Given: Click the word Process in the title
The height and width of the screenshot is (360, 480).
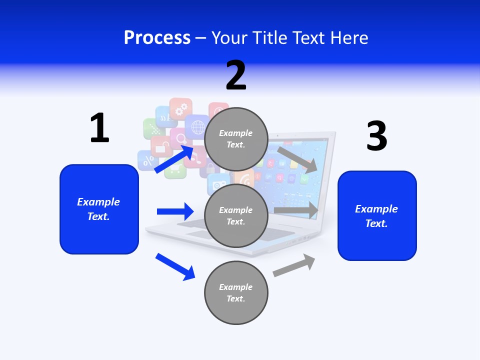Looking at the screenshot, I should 157,37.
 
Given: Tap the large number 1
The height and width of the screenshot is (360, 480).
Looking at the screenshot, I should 99,128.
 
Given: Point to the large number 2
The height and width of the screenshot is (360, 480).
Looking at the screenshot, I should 236,75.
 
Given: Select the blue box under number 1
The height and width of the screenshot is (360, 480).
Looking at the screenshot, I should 99,209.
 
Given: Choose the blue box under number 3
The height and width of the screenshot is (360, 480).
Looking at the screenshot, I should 377,216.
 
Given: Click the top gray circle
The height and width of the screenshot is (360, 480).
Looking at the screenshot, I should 236,139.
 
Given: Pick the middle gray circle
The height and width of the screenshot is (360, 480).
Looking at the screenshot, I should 236,215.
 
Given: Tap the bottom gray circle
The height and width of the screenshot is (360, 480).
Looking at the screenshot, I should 236,292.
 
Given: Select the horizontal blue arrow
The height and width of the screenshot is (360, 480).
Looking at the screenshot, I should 175,211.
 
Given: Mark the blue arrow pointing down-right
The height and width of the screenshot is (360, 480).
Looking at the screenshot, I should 175,266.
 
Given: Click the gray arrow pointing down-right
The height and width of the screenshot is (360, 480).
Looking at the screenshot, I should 297,159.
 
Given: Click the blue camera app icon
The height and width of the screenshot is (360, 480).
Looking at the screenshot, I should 218,185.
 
